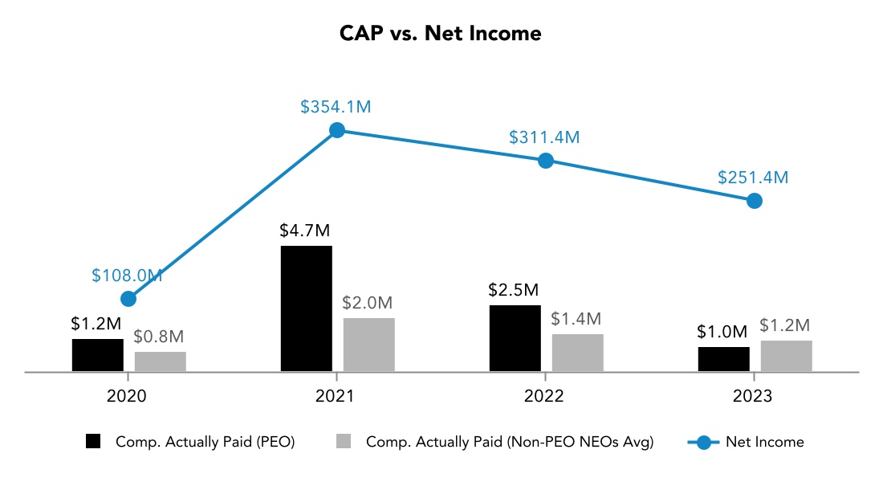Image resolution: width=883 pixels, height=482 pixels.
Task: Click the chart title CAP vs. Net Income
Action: click(441, 34)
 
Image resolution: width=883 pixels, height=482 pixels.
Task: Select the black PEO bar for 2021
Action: click(306, 308)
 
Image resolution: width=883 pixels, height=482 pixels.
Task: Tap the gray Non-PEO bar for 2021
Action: click(368, 345)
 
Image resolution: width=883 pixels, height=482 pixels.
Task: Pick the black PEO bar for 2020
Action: click(98, 355)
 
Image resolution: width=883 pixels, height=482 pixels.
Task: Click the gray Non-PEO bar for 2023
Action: click(786, 356)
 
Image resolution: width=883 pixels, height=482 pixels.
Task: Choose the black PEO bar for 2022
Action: click(515, 338)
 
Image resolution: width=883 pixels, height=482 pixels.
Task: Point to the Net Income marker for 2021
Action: click(337, 130)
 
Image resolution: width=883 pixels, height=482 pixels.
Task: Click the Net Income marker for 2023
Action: click(754, 201)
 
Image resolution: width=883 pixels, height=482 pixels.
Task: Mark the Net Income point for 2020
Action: click(128, 299)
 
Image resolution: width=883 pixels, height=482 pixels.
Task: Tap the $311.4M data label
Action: click(544, 137)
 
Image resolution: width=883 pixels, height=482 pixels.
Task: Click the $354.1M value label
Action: click(336, 107)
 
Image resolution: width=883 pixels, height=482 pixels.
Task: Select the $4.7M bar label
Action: click(305, 231)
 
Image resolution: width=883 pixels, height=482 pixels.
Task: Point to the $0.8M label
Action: click(159, 337)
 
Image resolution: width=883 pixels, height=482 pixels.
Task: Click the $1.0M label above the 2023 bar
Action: click(722, 331)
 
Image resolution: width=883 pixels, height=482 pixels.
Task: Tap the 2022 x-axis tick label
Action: click(545, 396)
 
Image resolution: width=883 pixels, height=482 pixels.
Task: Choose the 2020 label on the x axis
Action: click(128, 396)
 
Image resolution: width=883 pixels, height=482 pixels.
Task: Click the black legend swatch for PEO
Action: click(94, 442)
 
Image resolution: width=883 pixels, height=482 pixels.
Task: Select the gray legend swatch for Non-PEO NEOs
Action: click(344, 442)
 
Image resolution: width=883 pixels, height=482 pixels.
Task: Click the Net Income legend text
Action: click(764, 442)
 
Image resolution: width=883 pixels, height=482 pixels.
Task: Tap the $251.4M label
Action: click(754, 178)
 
